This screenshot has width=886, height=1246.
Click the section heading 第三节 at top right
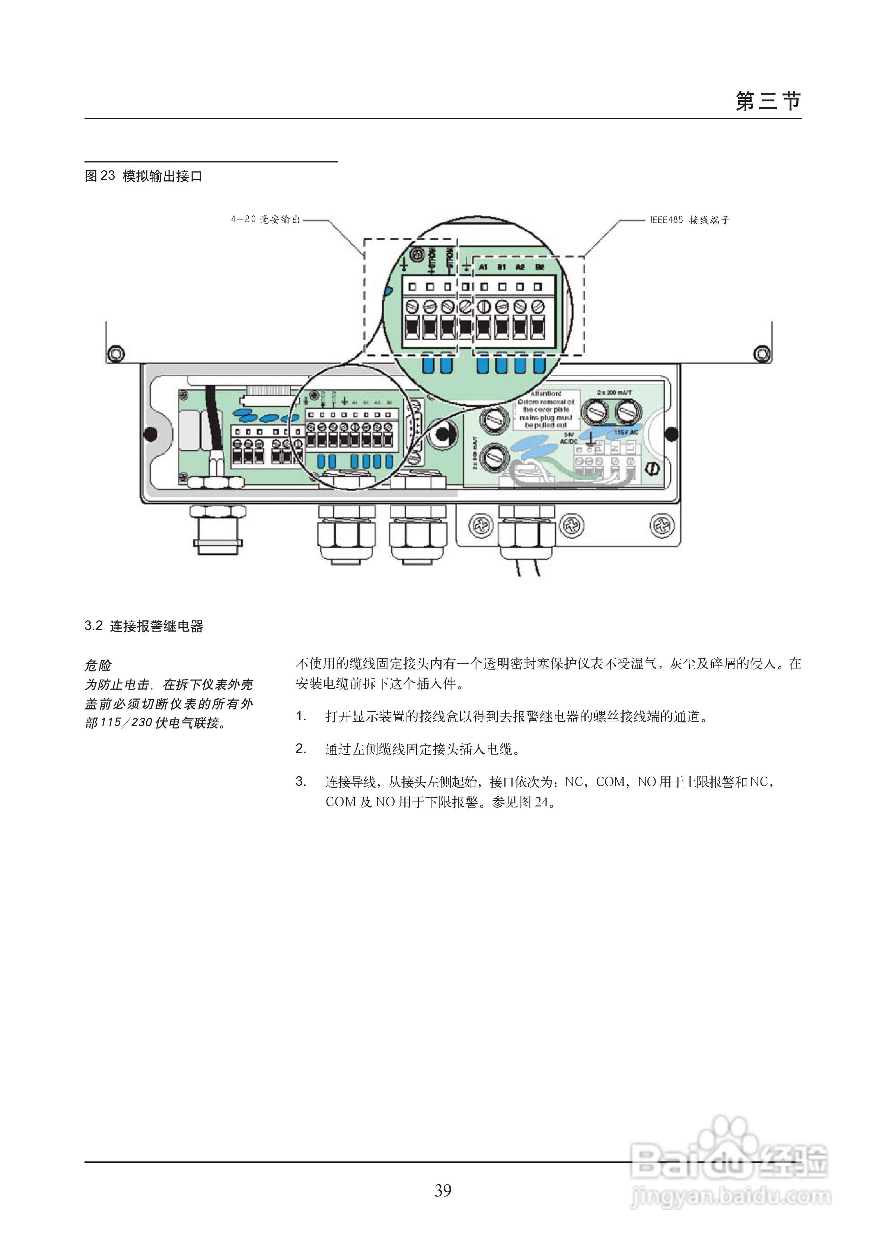coord(768,102)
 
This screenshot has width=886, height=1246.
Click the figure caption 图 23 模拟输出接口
coord(143,176)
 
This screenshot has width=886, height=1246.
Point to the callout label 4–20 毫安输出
coord(265,219)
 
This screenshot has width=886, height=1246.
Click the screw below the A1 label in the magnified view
coord(483,306)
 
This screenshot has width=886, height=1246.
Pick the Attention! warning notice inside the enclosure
coord(546,409)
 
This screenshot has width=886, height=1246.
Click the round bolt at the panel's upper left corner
coord(116,354)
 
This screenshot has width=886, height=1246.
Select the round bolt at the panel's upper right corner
coord(762,354)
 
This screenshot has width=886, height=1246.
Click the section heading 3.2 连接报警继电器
coord(144,626)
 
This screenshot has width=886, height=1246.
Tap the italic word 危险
coord(98,665)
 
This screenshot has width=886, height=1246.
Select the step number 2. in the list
coord(301,749)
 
